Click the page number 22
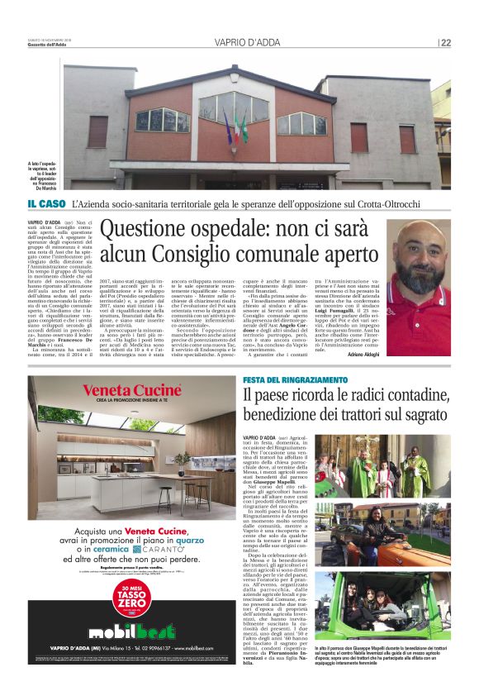tap(445, 43)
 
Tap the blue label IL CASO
tap(46, 203)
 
